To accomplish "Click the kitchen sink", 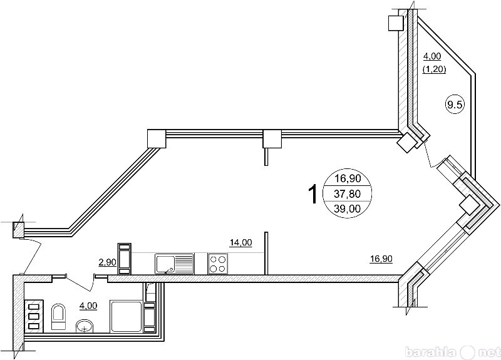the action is (x=175, y=264).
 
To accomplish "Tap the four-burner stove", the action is (x=217, y=264).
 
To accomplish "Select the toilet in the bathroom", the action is (x=58, y=317).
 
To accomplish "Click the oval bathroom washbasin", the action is (x=85, y=326).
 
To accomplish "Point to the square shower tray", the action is (x=126, y=316).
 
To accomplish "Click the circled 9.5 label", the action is (x=455, y=104).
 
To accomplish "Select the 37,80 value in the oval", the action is (x=348, y=193).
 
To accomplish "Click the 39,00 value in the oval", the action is (x=348, y=208).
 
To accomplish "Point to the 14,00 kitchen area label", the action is (x=241, y=243).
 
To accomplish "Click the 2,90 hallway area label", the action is (x=108, y=262).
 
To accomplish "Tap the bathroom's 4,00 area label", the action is (x=88, y=306).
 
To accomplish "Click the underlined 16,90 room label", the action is (x=381, y=259).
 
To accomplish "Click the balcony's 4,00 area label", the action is (x=432, y=56).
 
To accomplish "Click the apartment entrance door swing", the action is (x=31, y=256).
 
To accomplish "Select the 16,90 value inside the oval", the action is (x=348, y=178).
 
